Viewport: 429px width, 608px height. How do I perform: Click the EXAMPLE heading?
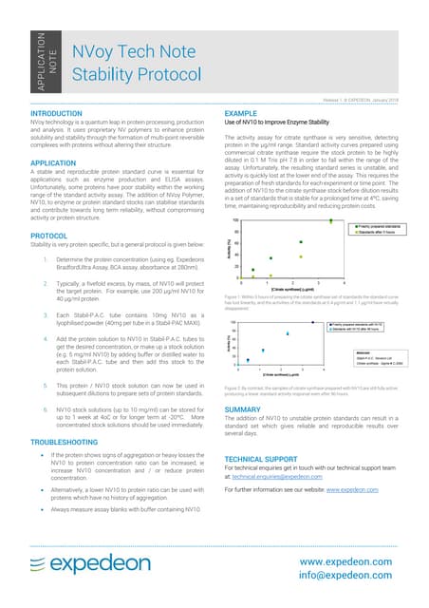click(240, 113)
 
